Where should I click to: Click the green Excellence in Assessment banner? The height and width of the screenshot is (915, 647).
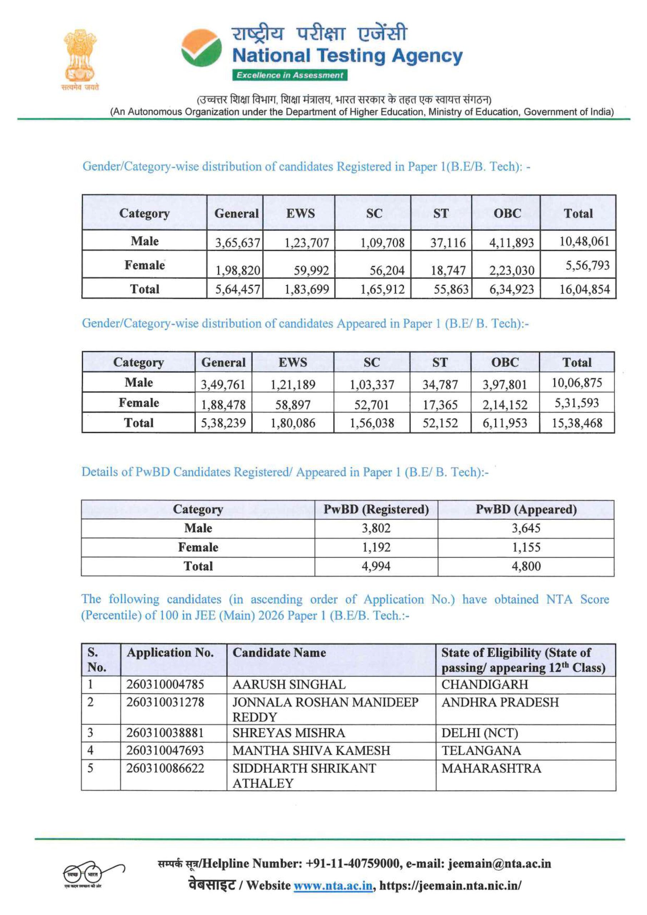click(x=290, y=75)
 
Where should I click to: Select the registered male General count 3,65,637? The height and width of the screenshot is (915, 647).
click(x=238, y=243)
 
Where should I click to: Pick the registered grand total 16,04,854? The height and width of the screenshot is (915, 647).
click(x=584, y=289)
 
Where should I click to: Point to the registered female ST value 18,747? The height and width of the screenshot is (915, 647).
click(x=448, y=271)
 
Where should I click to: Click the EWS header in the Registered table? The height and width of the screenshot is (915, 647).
click(x=300, y=213)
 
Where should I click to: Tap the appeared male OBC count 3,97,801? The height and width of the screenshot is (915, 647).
click(x=505, y=385)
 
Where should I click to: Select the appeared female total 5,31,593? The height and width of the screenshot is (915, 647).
click(x=577, y=403)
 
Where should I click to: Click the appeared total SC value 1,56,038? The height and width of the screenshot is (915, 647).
click(x=371, y=423)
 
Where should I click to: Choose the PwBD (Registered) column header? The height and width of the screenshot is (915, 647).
click(x=376, y=509)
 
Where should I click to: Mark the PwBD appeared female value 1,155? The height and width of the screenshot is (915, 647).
click(x=526, y=547)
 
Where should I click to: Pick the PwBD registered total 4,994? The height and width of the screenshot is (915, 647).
click(x=376, y=566)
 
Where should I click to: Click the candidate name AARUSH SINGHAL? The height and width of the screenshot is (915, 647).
click(x=289, y=684)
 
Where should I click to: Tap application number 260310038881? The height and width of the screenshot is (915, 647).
click(x=165, y=732)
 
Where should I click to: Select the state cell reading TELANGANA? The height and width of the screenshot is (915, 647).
click(x=481, y=751)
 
